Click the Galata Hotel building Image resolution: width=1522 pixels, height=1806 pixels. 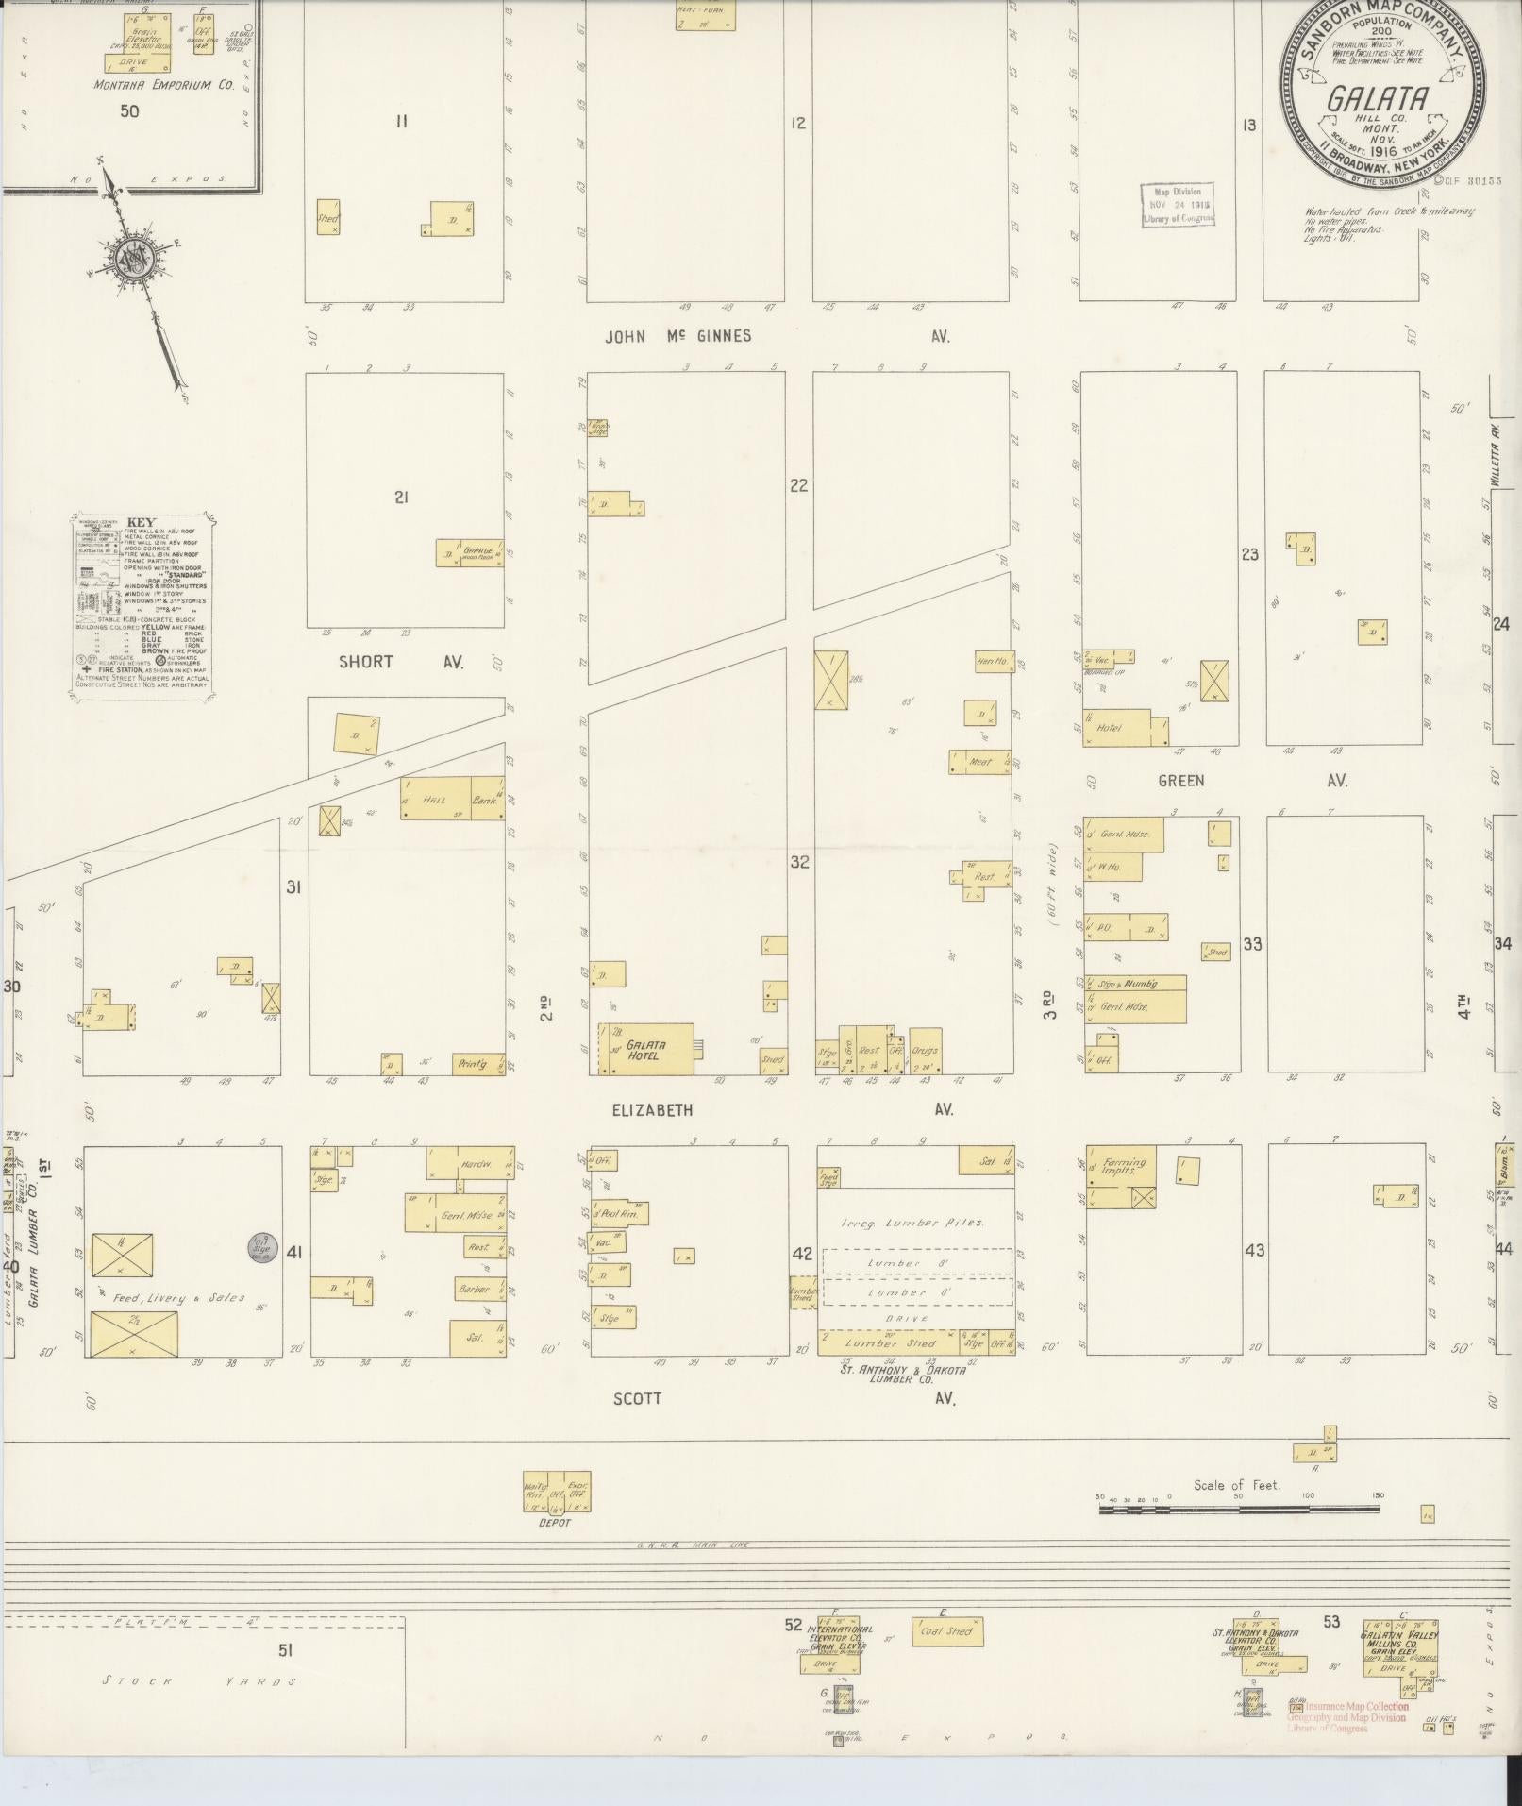(645, 1049)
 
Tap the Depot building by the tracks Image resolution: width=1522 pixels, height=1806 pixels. (557, 1493)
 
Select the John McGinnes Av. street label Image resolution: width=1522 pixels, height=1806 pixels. (679, 336)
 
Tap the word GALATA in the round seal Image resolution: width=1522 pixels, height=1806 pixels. (1378, 99)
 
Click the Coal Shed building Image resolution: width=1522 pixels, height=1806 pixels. (946, 1631)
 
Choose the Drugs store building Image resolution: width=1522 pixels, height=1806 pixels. (926, 1050)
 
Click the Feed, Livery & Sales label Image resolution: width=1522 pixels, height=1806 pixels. (179, 1297)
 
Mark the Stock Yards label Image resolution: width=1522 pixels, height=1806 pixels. (199, 1681)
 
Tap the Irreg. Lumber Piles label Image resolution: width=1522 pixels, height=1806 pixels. (912, 1223)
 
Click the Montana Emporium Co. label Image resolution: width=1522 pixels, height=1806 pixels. (162, 85)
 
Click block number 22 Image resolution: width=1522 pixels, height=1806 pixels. (799, 485)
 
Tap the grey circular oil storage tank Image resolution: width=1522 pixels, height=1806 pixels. (261, 1248)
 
